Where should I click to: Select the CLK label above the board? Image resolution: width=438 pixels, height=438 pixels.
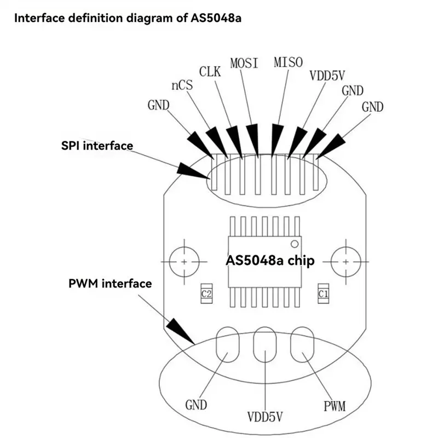211,71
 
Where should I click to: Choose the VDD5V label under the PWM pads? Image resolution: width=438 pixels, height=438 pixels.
264,417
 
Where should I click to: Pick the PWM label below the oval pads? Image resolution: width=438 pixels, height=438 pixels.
334,406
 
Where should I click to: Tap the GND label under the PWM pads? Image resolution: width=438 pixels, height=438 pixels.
196,405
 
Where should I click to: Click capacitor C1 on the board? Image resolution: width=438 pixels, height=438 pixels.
323,295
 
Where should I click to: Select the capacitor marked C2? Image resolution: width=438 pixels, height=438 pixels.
206,295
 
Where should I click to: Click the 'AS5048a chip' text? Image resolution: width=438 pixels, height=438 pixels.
270,261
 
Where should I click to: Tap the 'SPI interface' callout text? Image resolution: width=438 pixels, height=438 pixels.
97,146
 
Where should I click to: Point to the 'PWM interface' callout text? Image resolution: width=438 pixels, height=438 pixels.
110,284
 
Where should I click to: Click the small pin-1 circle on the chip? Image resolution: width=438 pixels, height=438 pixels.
295,243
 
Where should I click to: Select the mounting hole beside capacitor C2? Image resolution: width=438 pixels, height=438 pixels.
185,262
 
